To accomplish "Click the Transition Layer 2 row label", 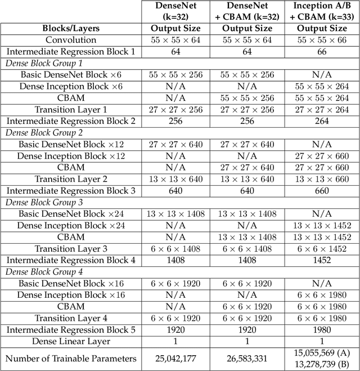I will coord(71,179).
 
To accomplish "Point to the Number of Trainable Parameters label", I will coord(71,358).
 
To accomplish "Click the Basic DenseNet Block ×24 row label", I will coord(70,214).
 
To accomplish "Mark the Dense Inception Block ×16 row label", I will coord(70,295).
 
